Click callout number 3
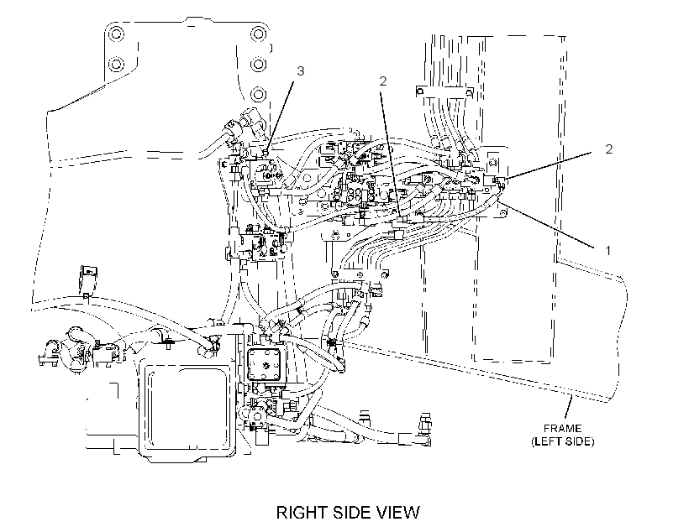[301, 71]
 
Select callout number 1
[608, 251]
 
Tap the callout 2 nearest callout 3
[383, 81]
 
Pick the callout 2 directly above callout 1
[608, 149]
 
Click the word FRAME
[562, 429]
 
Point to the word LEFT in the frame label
[548, 441]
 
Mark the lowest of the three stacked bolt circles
[259, 94]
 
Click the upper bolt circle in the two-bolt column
[116, 34]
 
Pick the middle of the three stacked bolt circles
[259, 65]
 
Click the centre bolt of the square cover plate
[266, 364]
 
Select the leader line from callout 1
[549, 225]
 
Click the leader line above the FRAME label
[568, 407]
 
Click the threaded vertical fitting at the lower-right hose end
[425, 423]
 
